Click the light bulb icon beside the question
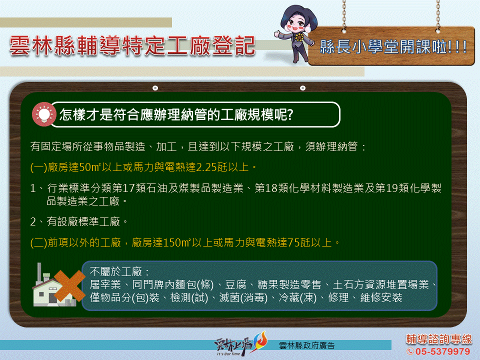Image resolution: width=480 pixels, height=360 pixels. point(44,114)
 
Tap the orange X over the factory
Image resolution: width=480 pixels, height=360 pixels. point(69,285)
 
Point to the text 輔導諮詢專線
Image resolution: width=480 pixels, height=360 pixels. point(439,339)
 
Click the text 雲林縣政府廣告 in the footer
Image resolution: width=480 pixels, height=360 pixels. point(306,345)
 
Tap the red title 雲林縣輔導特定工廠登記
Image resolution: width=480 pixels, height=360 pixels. point(132,46)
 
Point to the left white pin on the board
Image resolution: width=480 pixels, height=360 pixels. point(155,88)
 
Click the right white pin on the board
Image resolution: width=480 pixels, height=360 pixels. point(303,88)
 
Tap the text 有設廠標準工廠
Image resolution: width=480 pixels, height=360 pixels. point(83,221)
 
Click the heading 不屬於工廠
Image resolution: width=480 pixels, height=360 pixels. point(115,271)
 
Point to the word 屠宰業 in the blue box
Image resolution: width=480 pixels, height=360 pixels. point(105,284)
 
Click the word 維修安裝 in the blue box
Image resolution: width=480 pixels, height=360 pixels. point(381,297)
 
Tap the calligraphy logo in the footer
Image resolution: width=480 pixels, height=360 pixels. point(240,344)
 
